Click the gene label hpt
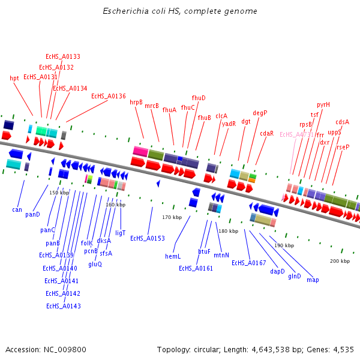14,78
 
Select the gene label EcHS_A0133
63,56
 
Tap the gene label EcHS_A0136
109,96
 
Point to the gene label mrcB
152,106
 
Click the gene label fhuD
199,98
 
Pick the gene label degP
260,113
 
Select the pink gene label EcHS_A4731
296,135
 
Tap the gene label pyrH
323,104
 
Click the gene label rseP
343,147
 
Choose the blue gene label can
17,210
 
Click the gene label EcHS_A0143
64,306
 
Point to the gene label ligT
121,232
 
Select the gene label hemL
173,256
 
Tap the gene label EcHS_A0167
248,263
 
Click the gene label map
313,280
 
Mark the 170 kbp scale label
172,217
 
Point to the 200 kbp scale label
340,261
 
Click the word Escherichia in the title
124,11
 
